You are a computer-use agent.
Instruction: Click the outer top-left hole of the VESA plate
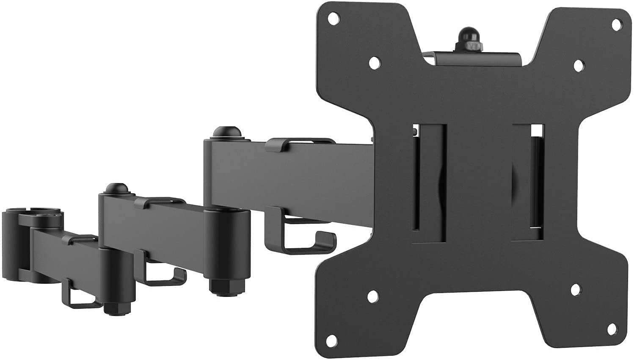pyautogui.click(x=334, y=18)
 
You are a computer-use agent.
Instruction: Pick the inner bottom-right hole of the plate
pyautogui.click(x=576, y=290)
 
